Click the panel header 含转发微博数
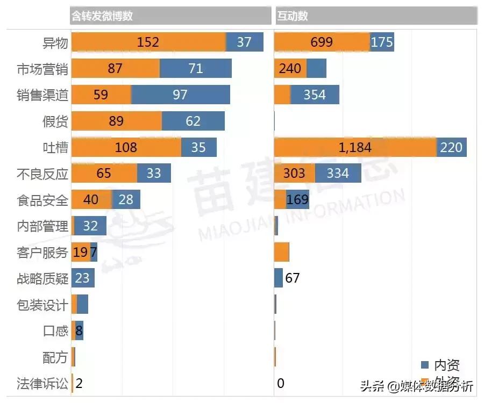tap(102, 16)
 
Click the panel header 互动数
tap(293, 16)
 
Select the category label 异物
tap(55, 42)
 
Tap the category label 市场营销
tap(42, 69)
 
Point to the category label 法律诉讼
tap(42, 384)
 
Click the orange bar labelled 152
tap(148, 42)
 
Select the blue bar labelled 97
tap(180, 95)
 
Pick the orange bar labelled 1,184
tap(355, 147)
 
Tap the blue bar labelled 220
tap(451, 147)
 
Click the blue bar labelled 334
tap(338, 173)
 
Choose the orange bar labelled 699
tap(322, 42)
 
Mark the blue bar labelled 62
tap(193, 121)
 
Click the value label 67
tap(292, 278)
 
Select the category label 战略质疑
tap(42, 278)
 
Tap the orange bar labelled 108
tap(126, 147)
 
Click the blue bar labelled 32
tap(90, 226)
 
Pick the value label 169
tap(297, 200)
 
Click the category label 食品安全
tap(42, 200)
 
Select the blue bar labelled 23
tap(83, 278)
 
